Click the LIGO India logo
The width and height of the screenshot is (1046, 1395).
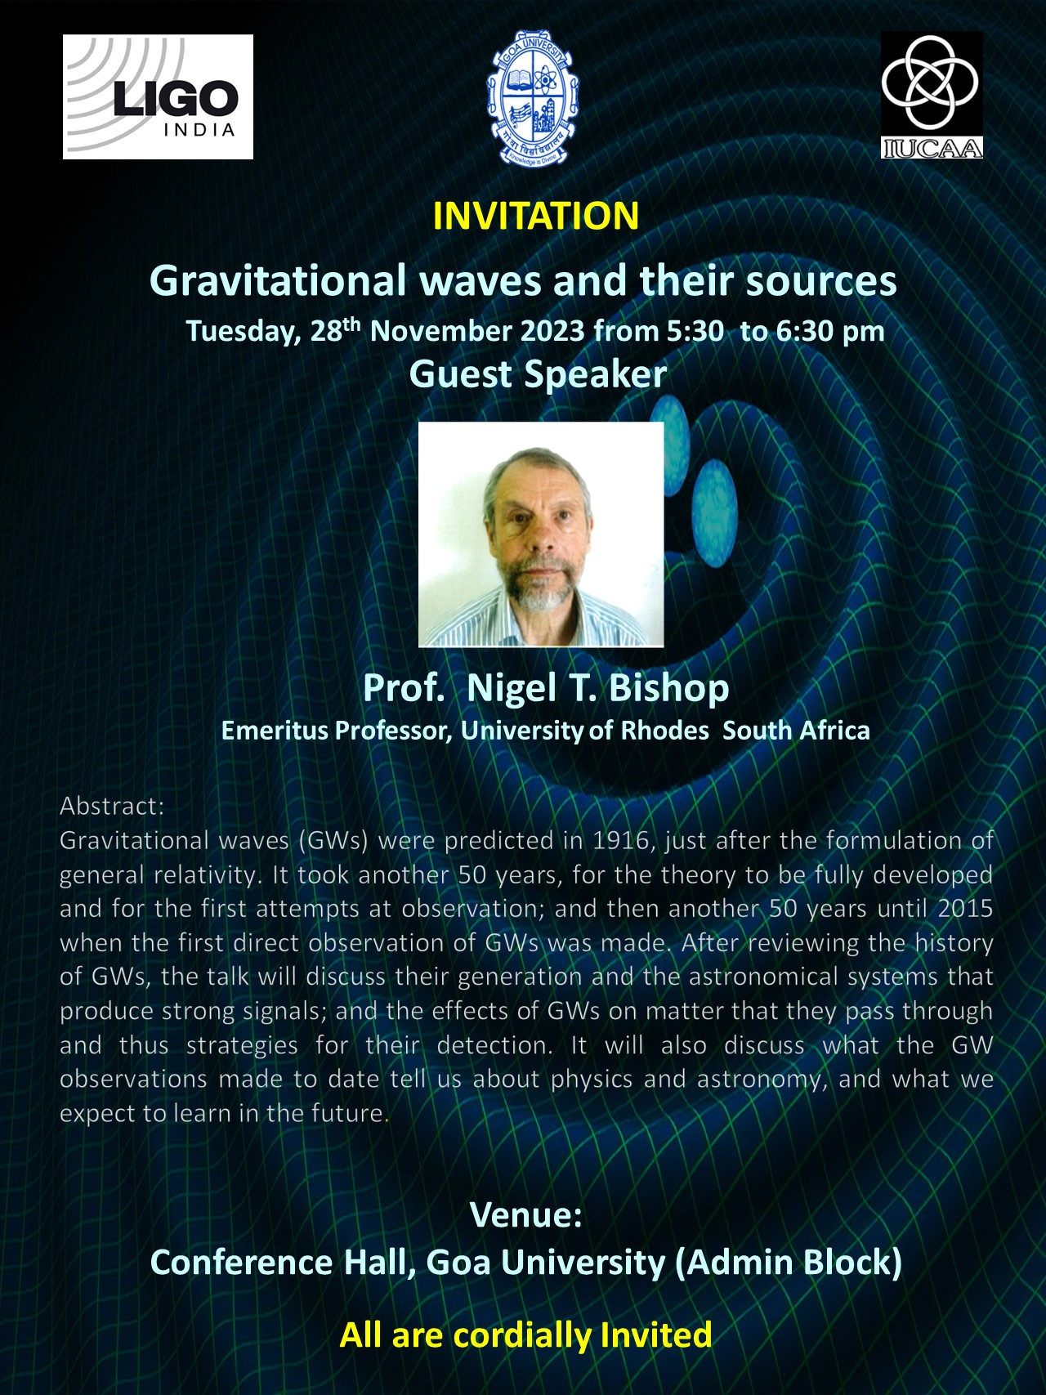(158, 96)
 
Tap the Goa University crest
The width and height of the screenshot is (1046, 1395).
(533, 96)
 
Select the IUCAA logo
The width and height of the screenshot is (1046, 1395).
(932, 95)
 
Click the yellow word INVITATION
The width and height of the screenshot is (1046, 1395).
(536, 217)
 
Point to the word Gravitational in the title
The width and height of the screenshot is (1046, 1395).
(278, 281)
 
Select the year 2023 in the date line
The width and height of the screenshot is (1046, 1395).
(553, 331)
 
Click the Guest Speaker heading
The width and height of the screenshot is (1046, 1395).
(538, 374)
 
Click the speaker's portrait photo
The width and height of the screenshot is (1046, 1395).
(541, 534)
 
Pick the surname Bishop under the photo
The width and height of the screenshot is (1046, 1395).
(668, 688)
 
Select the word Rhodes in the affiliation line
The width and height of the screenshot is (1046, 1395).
(664, 730)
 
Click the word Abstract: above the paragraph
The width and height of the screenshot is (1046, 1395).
(112, 807)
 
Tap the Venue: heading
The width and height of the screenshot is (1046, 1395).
(526, 1215)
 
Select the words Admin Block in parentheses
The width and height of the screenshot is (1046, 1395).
(789, 1263)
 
